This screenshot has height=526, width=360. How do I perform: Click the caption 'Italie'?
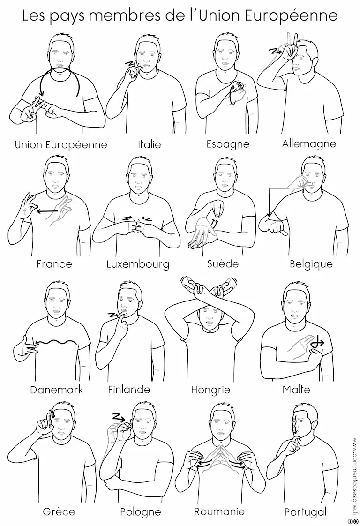150,144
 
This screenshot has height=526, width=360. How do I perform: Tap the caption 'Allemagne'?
309,143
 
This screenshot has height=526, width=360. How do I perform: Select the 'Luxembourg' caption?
138,264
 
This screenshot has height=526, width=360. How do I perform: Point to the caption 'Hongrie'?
210,390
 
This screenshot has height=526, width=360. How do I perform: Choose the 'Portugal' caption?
305,512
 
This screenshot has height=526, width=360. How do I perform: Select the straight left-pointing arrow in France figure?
46,211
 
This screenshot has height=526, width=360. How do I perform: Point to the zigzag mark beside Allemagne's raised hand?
276,51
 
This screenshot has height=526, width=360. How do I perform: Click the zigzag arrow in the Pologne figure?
119,418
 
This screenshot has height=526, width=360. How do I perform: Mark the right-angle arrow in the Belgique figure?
270,201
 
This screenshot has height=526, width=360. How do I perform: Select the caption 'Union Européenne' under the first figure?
61,144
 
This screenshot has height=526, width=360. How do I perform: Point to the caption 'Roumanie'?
219,511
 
